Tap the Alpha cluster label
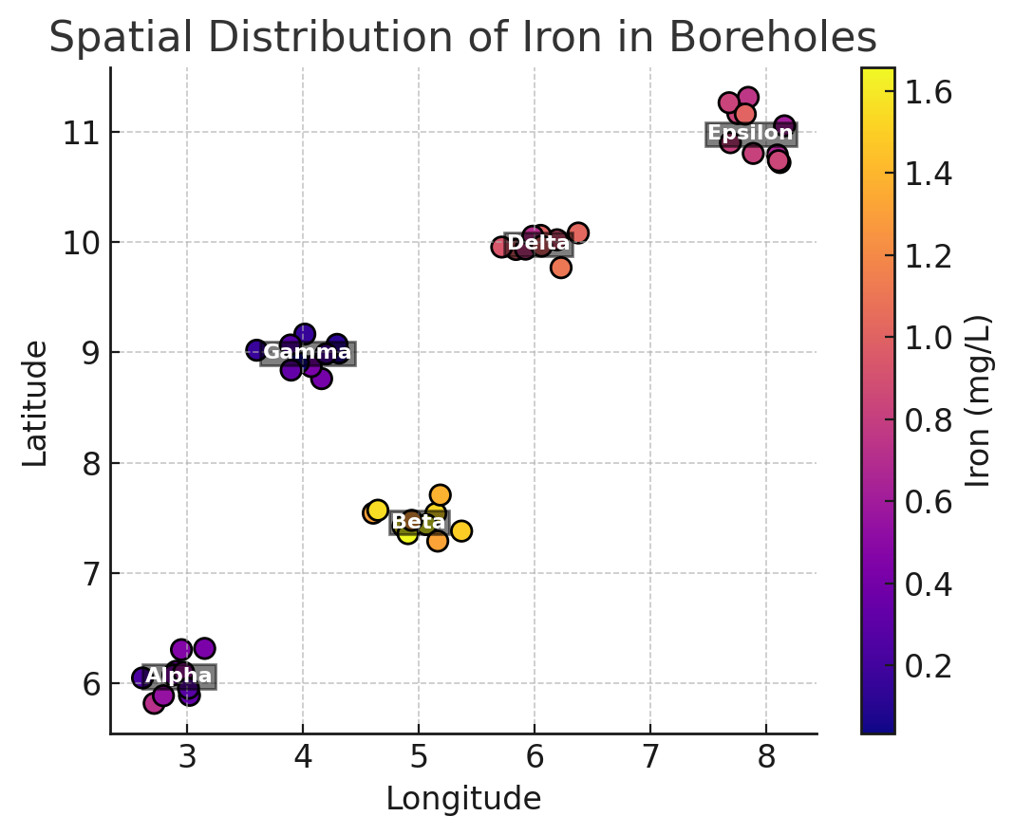click(x=178, y=676)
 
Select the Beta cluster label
click(x=419, y=522)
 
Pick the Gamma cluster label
click(x=307, y=353)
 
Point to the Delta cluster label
click(x=538, y=244)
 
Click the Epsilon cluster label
click(x=750, y=134)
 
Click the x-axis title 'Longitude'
click(x=462, y=799)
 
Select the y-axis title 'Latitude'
click(x=35, y=402)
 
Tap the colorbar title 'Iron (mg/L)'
click(x=978, y=400)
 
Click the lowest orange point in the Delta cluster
click(x=560, y=268)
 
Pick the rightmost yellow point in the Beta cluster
click(x=461, y=530)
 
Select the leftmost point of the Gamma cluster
click(x=256, y=350)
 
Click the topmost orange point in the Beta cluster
click(x=440, y=494)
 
